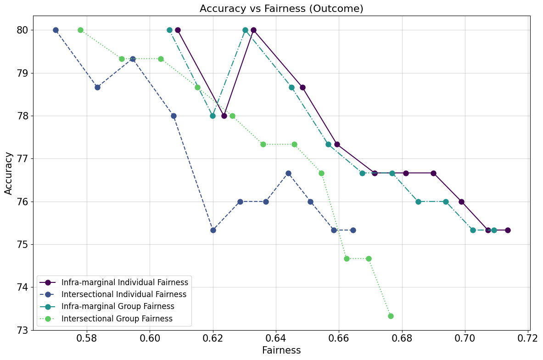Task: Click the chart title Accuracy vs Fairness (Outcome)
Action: (x=281, y=9)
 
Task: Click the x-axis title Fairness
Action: (x=281, y=350)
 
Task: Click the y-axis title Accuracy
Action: (x=9, y=173)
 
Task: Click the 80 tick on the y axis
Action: (x=23, y=30)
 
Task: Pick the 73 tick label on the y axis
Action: (x=23, y=330)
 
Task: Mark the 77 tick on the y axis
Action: (x=23, y=159)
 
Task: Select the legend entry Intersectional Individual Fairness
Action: (x=123, y=294)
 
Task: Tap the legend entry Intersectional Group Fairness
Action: (x=117, y=319)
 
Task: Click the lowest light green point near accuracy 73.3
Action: (x=391, y=316)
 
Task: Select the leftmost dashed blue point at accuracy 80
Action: (x=56, y=30)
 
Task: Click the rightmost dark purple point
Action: (x=508, y=230)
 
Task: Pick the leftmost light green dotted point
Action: (x=80, y=30)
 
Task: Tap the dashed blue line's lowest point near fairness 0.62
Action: (x=213, y=230)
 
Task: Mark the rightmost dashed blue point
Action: (x=353, y=230)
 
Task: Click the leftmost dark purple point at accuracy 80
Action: (x=178, y=30)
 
